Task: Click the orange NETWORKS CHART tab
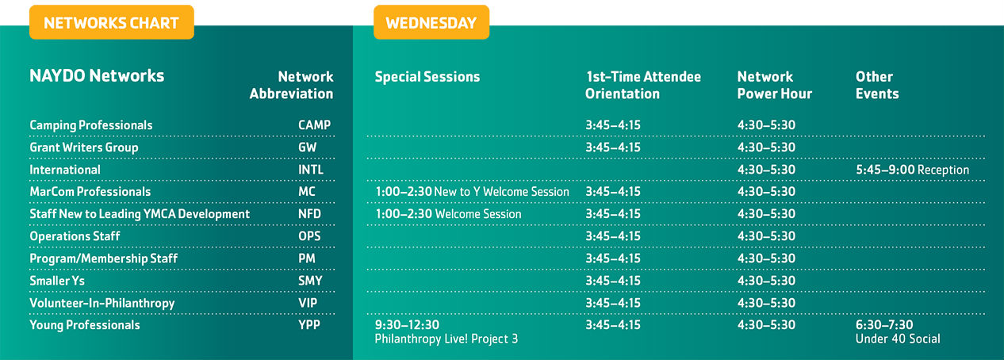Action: [112, 22]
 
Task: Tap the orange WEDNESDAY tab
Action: [431, 22]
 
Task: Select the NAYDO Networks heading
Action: [97, 76]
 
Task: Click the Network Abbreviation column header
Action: [291, 85]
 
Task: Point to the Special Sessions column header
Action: [427, 77]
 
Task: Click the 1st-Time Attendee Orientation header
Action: [643, 85]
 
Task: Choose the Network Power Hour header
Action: [775, 85]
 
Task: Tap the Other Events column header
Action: [877, 85]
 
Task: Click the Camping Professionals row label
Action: [91, 125]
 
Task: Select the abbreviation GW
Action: [308, 147]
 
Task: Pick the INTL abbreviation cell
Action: [311, 170]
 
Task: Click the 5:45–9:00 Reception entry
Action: [913, 170]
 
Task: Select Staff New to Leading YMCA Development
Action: [140, 214]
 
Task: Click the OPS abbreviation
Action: [309, 236]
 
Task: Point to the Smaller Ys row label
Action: [57, 281]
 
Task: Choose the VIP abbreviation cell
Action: [308, 303]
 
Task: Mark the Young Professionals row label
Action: [85, 325]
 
